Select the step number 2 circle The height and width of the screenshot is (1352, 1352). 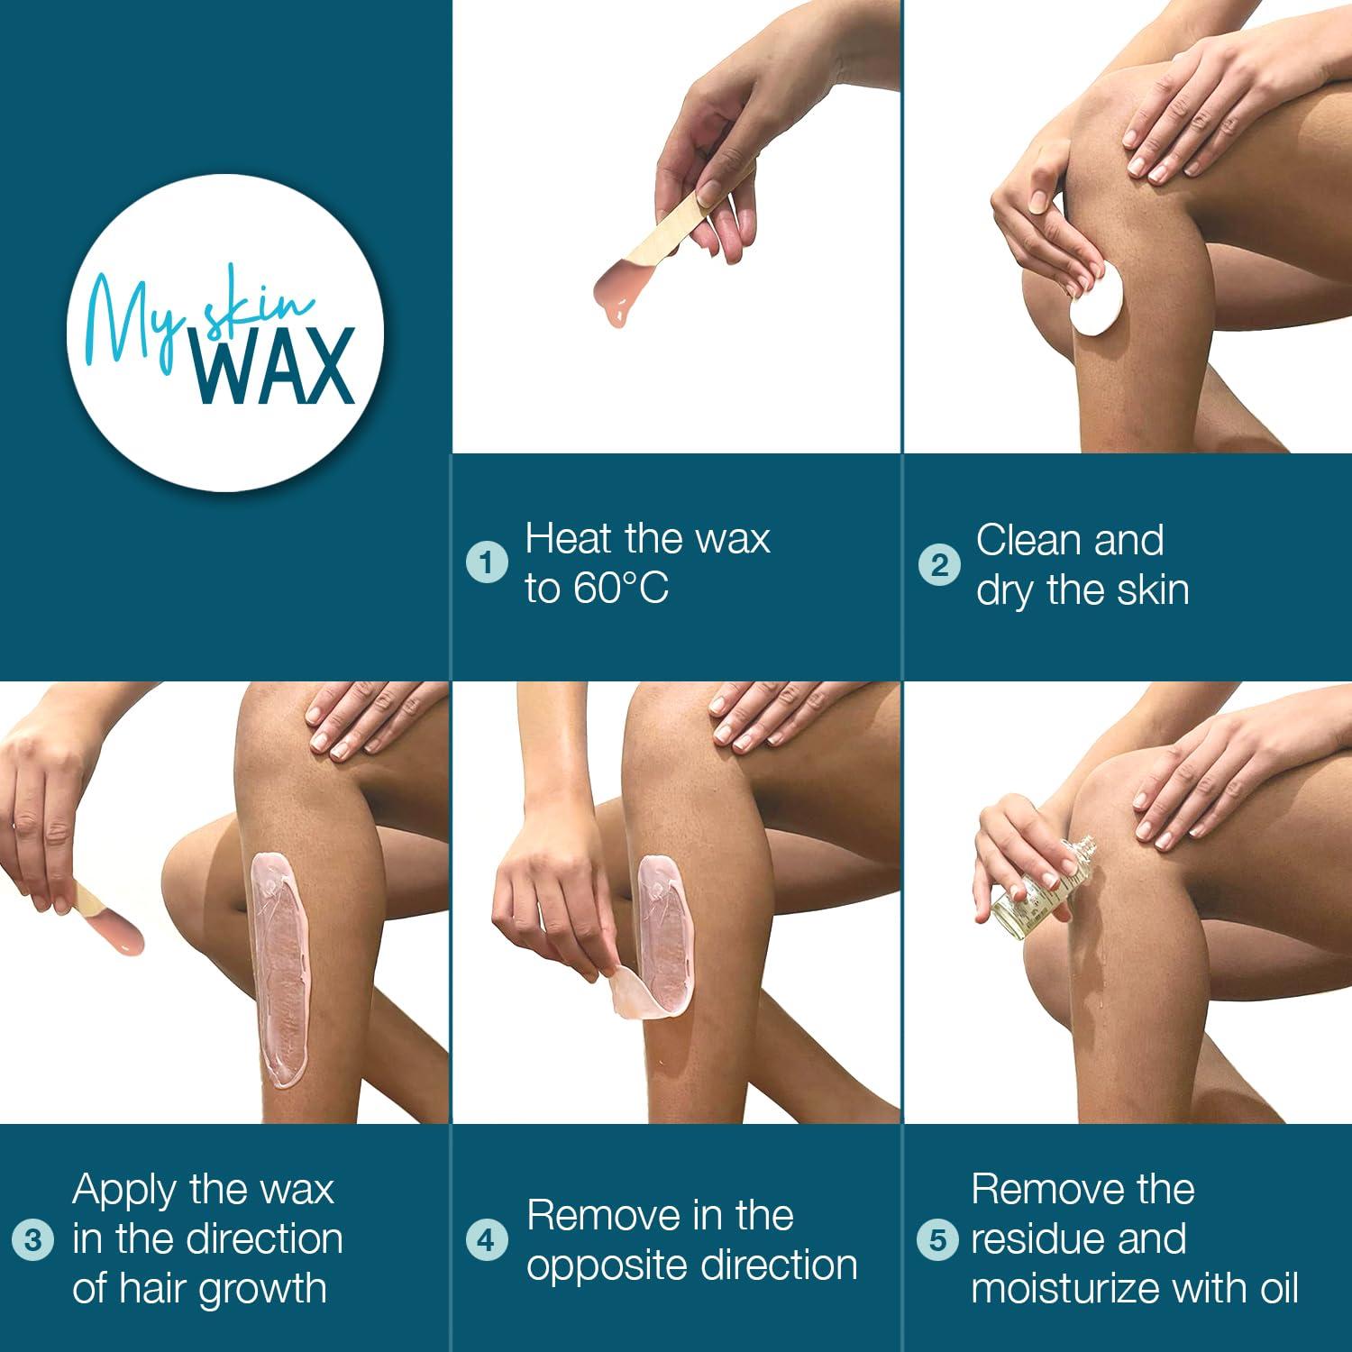pos(939,565)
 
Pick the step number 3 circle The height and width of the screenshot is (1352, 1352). pos(33,1240)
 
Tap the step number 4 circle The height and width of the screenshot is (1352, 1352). pos(487,1240)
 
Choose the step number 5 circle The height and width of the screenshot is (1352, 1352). pos(937,1240)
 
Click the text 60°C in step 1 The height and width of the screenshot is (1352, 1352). pos(621,589)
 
